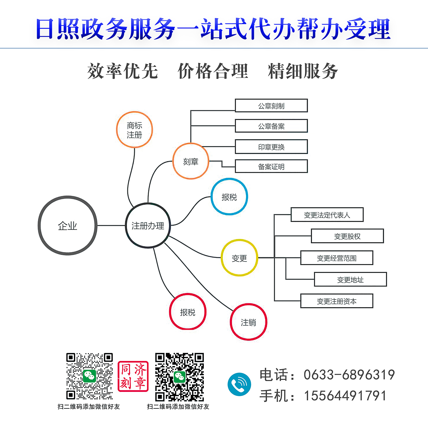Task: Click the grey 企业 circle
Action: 68,225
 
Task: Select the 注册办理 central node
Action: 148,225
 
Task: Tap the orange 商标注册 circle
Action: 134,130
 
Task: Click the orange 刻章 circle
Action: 191,161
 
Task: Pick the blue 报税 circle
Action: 229,197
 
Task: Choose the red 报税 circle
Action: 187,312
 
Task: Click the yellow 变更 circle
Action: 239,258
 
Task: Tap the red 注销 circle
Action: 248,322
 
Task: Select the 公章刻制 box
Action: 271,106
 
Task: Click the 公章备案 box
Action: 271,126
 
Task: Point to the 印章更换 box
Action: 271,147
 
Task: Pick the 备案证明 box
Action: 271,166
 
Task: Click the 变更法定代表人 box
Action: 327,214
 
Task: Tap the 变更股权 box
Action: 347,236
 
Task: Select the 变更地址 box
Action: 350,279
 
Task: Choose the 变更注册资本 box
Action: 337,301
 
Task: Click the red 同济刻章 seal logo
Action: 133,376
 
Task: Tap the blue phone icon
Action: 239,384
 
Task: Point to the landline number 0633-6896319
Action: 349,375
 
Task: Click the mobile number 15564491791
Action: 345,396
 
